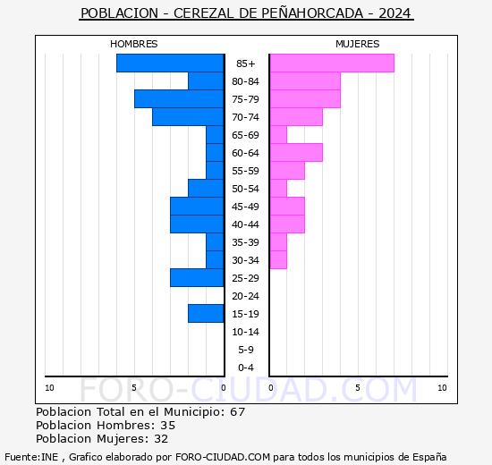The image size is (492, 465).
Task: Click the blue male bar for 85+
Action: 170,63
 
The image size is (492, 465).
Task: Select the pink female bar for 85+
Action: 332,63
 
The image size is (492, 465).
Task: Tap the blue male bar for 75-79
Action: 179,99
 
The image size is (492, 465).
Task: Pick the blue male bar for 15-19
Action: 206,314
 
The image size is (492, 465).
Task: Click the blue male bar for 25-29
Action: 197,278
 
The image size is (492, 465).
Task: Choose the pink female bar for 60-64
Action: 296,153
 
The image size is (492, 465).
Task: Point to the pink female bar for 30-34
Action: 278,260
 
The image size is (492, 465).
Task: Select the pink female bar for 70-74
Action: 296,117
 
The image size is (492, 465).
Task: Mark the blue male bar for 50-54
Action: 206,189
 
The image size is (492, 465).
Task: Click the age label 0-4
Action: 246,368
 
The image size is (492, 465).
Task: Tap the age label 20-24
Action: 246,296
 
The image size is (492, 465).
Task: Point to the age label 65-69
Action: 246,135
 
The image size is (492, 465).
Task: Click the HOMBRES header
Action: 133,44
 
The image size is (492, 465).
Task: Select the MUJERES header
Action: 357,44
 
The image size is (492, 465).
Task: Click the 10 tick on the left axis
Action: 49,388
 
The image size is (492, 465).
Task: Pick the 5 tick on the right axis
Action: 357,388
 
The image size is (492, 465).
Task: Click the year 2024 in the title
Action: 395,14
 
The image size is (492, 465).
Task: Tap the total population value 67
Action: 237,412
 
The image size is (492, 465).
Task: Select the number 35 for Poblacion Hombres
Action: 167,426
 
